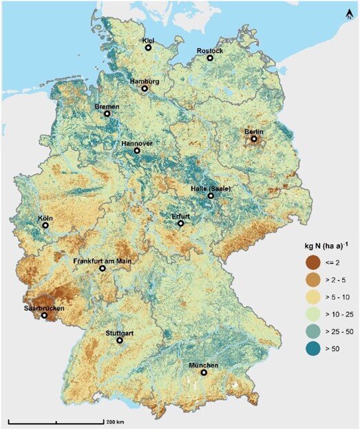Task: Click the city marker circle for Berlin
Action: click(x=254, y=139)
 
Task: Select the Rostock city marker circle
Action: click(x=210, y=58)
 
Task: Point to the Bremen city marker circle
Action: click(x=107, y=114)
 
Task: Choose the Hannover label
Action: click(x=136, y=143)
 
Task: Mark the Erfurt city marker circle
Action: click(x=180, y=224)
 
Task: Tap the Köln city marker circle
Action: click(x=45, y=225)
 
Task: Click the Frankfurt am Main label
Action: click(x=103, y=261)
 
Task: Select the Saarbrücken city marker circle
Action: click(x=45, y=316)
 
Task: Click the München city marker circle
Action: click(x=204, y=373)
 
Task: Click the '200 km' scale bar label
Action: click(x=115, y=421)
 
